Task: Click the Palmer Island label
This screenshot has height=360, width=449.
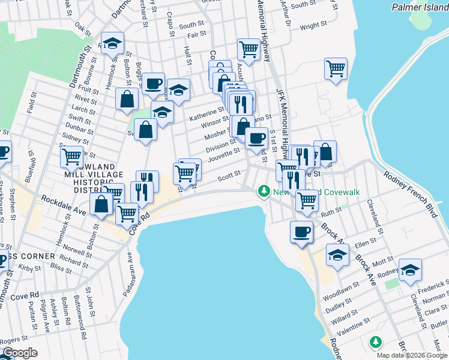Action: tap(419, 8)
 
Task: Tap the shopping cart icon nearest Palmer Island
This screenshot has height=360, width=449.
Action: tap(336, 68)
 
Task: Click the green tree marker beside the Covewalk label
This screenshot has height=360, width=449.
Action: tap(262, 191)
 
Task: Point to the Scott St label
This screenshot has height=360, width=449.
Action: tap(229, 176)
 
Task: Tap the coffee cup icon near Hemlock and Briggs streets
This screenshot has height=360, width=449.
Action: tap(153, 83)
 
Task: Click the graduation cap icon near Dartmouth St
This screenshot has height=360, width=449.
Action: tap(112, 43)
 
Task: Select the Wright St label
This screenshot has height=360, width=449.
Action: tap(313, 26)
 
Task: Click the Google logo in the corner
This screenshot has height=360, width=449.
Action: tap(19, 353)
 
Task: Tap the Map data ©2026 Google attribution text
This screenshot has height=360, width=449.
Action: tap(412, 355)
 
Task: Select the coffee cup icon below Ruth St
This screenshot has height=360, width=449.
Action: tap(301, 231)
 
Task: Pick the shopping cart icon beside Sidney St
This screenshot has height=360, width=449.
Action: tap(71, 157)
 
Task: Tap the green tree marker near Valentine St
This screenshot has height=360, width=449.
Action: tap(376, 341)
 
